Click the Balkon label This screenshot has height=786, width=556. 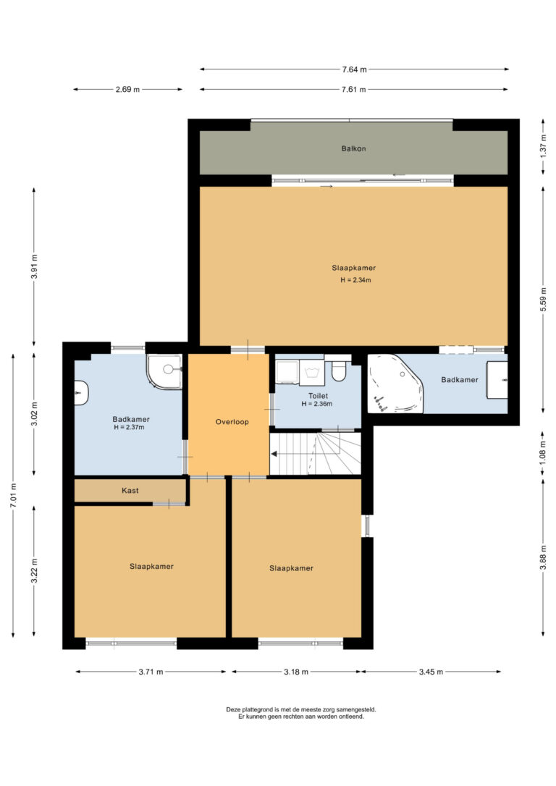pyautogui.click(x=353, y=148)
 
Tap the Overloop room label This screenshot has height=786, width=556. pyautogui.click(x=232, y=421)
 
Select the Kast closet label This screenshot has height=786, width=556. pyautogui.click(x=130, y=490)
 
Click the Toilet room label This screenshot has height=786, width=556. pyautogui.click(x=318, y=395)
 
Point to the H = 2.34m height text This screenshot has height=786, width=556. pyautogui.click(x=355, y=279)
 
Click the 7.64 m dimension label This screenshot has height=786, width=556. pyautogui.click(x=354, y=69)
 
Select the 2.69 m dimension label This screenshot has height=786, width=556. pyautogui.click(x=128, y=89)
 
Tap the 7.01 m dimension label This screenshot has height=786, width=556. pyautogui.click(x=14, y=495)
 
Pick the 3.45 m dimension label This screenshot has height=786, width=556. pyautogui.click(x=431, y=672)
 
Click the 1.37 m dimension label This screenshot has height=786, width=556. pyautogui.click(x=544, y=146)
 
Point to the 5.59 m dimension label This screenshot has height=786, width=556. pyautogui.click(x=544, y=299)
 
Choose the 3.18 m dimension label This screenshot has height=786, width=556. pyautogui.click(x=296, y=672)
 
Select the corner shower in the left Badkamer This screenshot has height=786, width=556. pyautogui.click(x=164, y=371)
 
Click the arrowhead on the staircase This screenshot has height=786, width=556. pyautogui.click(x=274, y=454)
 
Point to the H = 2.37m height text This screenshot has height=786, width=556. pyautogui.click(x=129, y=428)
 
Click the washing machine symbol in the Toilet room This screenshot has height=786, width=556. pyautogui.click(x=311, y=373)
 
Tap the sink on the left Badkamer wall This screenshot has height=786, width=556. pyautogui.click(x=81, y=392)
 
